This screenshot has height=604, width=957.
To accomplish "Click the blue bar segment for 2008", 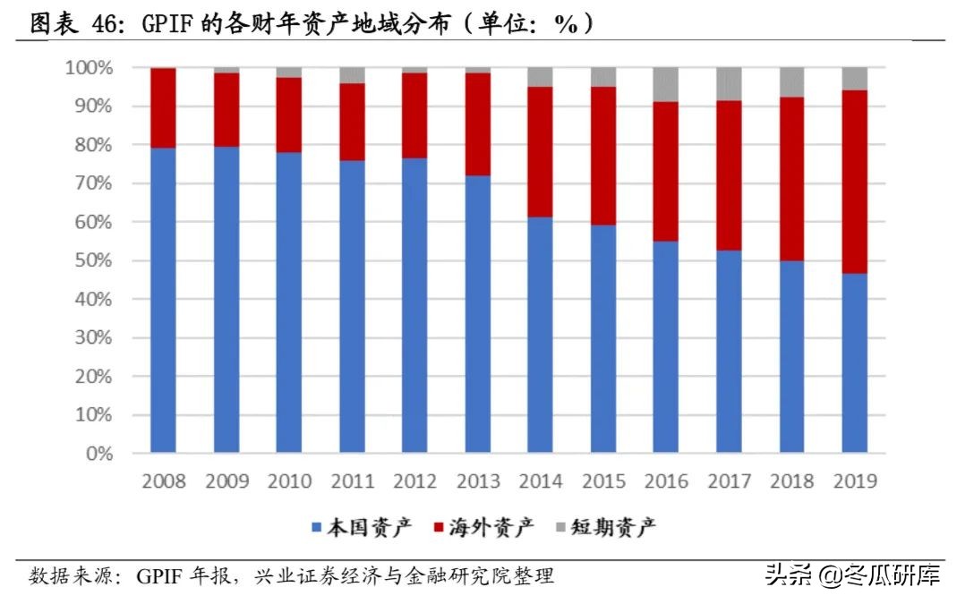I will coord(163,300).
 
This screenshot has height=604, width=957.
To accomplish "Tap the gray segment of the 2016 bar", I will coord(665,84).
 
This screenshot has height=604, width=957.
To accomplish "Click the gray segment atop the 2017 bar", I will coord(729,83).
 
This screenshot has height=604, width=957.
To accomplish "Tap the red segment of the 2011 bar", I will coord(352,122).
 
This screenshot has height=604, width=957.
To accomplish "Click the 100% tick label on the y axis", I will coord(89,68).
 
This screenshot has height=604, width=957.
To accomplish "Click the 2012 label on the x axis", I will coord(414,482).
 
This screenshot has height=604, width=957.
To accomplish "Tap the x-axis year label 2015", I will coord(603,482).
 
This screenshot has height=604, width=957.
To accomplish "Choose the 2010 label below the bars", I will coord(288,482).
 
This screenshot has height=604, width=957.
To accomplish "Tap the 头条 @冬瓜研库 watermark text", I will coord(851,574).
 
